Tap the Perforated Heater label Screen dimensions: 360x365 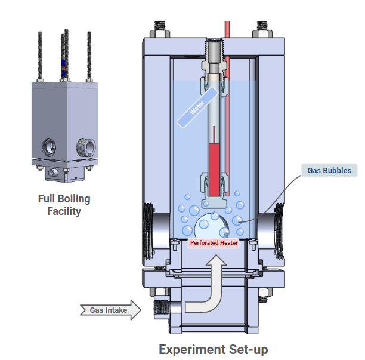(213, 243)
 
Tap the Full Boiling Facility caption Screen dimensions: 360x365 (64, 205)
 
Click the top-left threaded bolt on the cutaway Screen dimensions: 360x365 (159, 29)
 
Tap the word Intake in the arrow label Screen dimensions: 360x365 (119, 310)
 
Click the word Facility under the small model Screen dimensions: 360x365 (64, 211)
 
